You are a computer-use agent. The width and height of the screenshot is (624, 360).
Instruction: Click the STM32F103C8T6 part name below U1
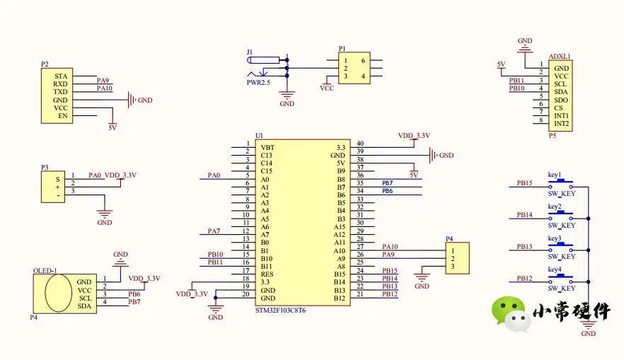coord(284,310)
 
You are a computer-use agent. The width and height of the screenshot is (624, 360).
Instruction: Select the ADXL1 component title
coord(560,57)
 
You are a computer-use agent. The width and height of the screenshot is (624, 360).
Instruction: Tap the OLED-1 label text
coord(45,271)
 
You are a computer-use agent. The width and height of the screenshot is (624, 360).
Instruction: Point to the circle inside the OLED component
coord(58,293)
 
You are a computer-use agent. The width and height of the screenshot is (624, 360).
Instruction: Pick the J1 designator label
coord(249,52)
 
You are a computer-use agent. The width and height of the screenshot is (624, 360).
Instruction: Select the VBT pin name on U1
coord(267,147)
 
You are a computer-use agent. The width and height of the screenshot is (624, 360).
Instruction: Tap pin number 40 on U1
coord(359,144)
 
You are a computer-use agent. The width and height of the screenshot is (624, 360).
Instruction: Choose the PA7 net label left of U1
coord(214,231)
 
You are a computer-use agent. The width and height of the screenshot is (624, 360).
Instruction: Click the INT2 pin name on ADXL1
coord(562,124)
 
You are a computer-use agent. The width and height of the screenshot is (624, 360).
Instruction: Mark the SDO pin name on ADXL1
coord(562,100)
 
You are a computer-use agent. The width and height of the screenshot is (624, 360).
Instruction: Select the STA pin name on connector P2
coord(62,76)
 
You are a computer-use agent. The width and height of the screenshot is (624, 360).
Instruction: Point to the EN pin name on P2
coord(63,115)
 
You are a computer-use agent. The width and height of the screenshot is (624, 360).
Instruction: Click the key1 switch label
coord(555,175)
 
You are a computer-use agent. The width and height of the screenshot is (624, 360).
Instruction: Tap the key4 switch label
coord(555,270)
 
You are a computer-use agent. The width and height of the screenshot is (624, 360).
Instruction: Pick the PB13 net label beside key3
coord(524,246)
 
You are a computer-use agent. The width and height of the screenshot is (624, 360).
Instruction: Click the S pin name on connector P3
coord(59,180)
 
